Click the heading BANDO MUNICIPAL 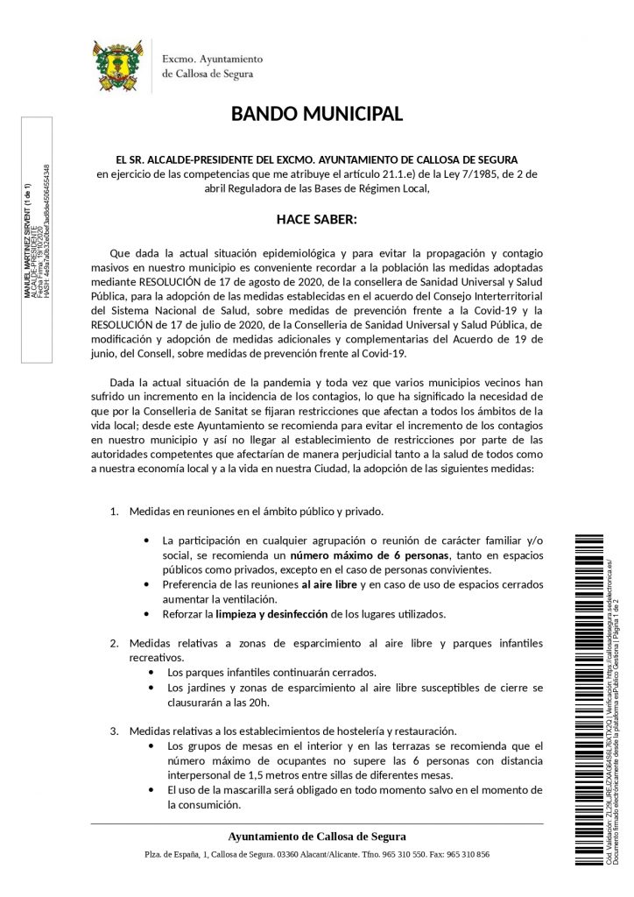(x=317, y=114)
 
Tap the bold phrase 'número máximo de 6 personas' (x=370, y=556)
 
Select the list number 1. (x=114, y=511)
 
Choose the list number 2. (x=114, y=644)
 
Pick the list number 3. (x=114, y=731)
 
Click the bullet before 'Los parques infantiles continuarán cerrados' (x=154, y=673)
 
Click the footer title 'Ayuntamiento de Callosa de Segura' (x=316, y=836)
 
